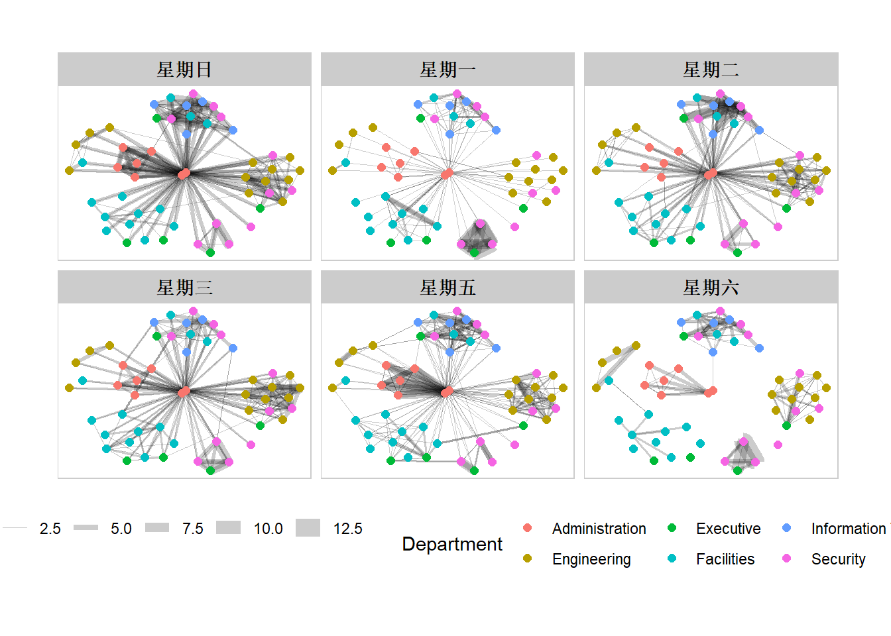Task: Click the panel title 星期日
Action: click(184, 70)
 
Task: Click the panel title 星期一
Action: click(447, 70)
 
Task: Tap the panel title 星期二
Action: click(711, 70)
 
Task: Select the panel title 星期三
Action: click(184, 288)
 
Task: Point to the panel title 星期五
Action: click(447, 288)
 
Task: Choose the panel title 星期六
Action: click(711, 288)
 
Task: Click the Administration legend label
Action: click(599, 529)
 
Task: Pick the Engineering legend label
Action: click(591, 559)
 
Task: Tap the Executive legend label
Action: click(728, 529)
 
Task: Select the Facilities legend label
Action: click(725, 559)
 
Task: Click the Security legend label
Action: click(838, 559)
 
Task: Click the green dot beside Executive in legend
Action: click(672, 528)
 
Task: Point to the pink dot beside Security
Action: click(787, 558)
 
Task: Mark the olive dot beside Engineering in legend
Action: click(528, 558)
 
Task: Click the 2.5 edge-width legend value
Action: click(50, 529)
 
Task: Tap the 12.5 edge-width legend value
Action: click(347, 529)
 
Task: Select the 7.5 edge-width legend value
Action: click(192, 529)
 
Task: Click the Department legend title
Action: click(452, 544)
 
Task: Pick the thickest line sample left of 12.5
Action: click(308, 528)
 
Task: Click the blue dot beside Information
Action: click(787, 528)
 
